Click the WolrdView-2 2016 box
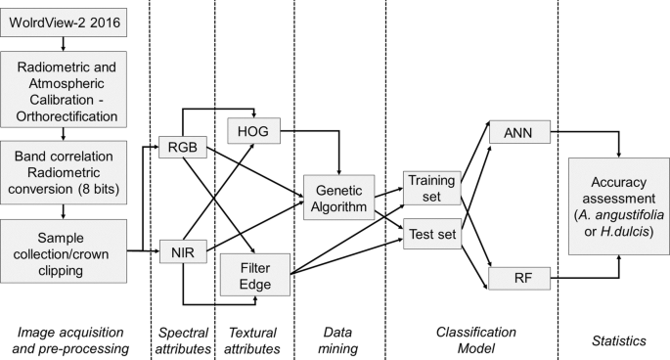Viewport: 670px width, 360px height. click(62, 22)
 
